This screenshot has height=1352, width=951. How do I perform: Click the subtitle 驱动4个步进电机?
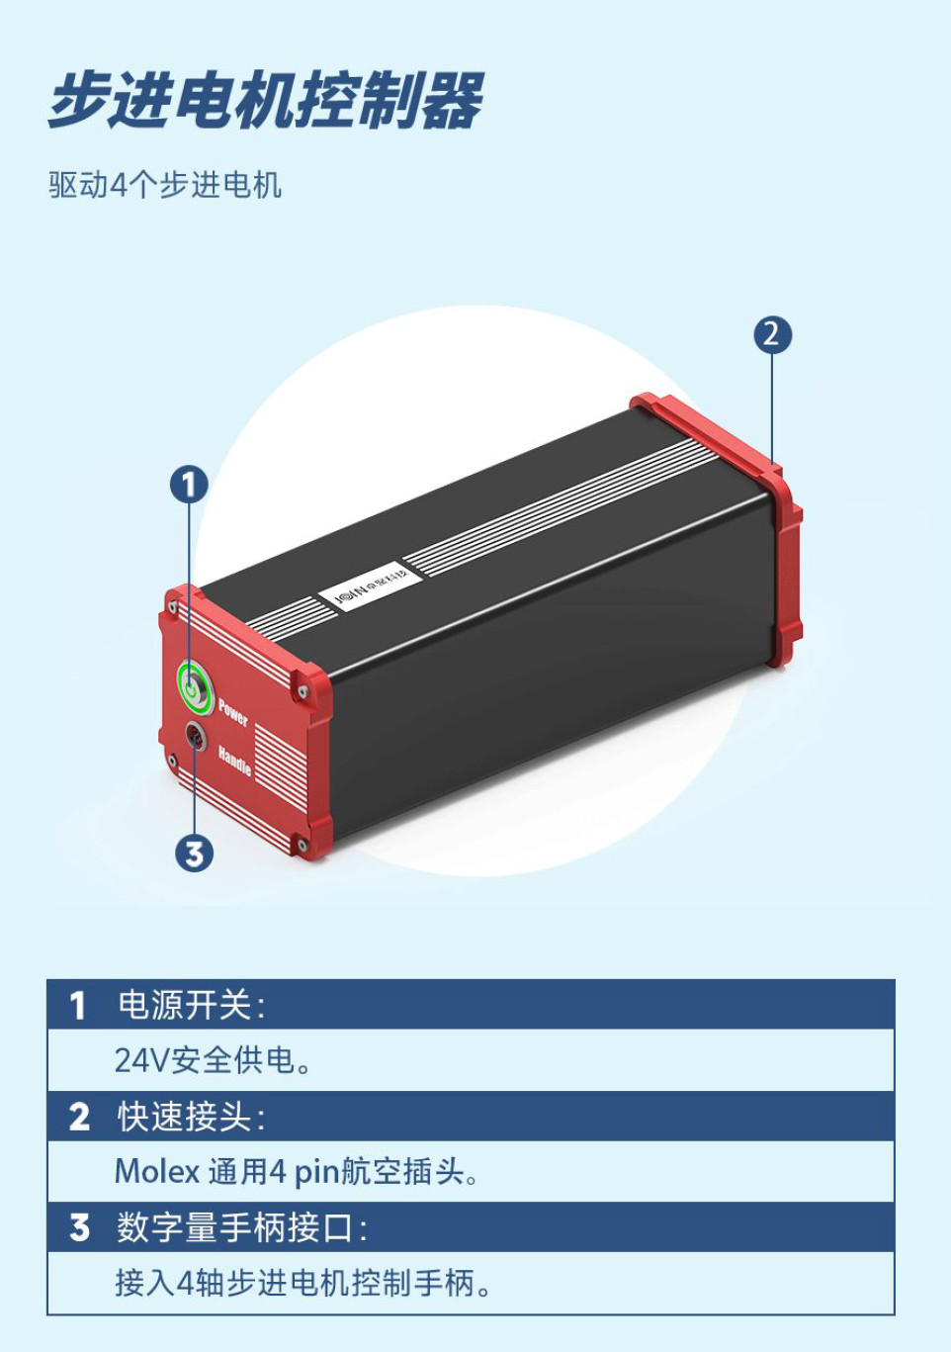[165, 185]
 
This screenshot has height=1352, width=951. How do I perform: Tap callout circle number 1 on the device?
[189, 485]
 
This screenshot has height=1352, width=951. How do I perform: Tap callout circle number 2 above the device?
[772, 334]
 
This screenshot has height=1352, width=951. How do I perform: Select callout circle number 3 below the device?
[194, 853]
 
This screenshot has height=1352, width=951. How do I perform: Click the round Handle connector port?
[196, 737]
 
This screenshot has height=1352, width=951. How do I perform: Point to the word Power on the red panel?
[233, 710]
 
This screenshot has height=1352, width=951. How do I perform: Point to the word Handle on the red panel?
[234, 760]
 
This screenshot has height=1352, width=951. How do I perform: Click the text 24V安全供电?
[213, 1060]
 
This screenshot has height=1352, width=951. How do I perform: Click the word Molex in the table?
[157, 1172]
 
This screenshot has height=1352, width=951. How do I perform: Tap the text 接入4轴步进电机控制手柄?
[302, 1284]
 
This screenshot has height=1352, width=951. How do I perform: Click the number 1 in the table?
[78, 1006]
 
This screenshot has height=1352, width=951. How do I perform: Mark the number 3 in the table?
[79, 1228]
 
